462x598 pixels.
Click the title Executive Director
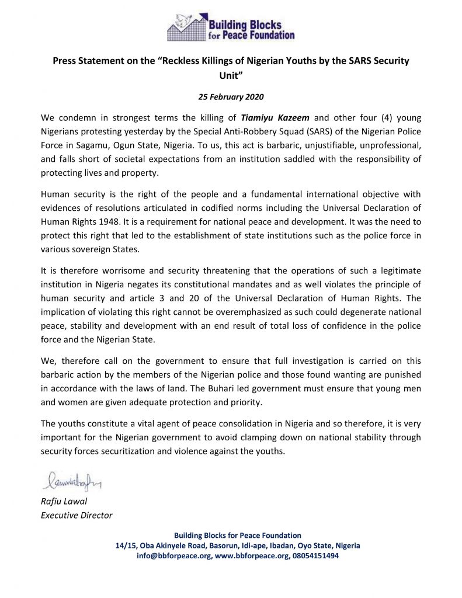(x=76, y=515)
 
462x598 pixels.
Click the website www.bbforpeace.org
(x=246, y=556)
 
